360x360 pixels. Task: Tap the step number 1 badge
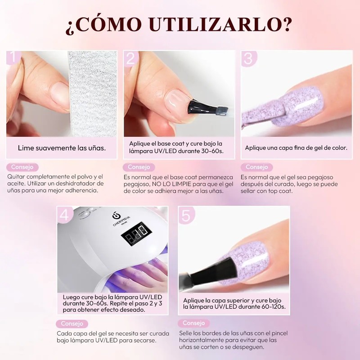click(x=13, y=57)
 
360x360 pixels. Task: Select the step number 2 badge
click(x=131, y=58)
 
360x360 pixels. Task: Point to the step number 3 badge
click(x=248, y=58)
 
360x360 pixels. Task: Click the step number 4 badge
click(x=65, y=215)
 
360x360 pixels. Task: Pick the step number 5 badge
click(x=186, y=216)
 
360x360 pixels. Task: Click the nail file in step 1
click(x=93, y=94)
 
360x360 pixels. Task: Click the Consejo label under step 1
click(x=22, y=167)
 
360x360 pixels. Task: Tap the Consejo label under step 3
click(x=256, y=167)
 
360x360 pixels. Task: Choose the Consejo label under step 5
click(x=194, y=323)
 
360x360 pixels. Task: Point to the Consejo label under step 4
click(x=72, y=324)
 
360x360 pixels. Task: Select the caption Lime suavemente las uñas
click(x=62, y=148)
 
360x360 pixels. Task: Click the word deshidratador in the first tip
click(x=76, y=184)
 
